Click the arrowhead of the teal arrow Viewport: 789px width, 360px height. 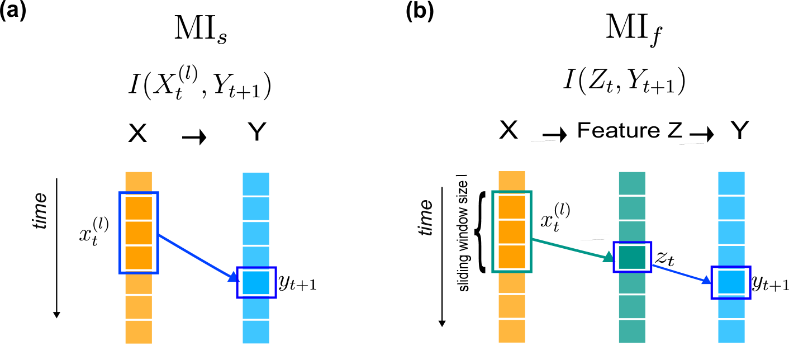pos(609,257)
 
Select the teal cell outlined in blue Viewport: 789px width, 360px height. pos(632,257)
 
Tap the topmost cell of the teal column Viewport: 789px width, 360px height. pos(632,183)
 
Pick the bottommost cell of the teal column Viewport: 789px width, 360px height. pos(632,331)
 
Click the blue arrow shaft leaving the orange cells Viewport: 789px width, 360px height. pos(193,255)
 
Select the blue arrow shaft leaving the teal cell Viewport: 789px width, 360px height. pos(677,272)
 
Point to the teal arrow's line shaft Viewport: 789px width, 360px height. pos(567,248)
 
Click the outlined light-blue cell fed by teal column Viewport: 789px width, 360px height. pos(731,282)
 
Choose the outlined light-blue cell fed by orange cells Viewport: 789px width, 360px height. pos(256,282)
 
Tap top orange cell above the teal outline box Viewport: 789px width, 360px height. pos(512,181)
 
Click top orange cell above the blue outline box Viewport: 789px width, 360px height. pos(139,181)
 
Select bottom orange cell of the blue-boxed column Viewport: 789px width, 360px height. pos(139,332)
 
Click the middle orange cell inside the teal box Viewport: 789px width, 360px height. pos(512,231)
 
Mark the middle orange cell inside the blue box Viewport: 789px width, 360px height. pos(139,233)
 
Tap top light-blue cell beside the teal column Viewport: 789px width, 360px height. pos(731,183)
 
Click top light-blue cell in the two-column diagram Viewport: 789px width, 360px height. pos(256,184)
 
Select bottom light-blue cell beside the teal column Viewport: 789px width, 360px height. pos(731,331)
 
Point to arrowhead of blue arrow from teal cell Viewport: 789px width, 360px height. pos(706,280)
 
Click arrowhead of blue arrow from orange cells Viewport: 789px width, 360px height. pos(233,277)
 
